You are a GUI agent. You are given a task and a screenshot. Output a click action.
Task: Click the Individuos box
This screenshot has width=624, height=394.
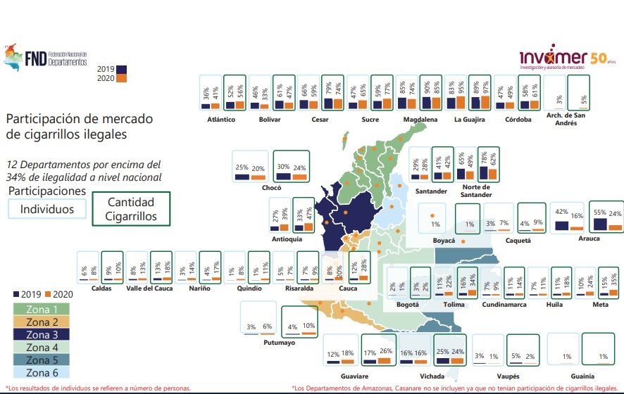[x=46, y=209]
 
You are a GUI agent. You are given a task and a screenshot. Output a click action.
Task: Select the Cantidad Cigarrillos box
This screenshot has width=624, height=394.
[x=132, y=210]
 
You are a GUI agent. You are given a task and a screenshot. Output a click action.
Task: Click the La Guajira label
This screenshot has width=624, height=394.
[x=469, y=120]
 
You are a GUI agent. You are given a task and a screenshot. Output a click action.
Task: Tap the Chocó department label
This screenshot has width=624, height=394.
[x=271, y=189]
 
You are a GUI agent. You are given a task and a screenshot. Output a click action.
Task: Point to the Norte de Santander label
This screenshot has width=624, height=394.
[x=477, y=191]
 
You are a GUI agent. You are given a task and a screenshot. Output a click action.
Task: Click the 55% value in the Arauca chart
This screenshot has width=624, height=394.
[x=600, y=212]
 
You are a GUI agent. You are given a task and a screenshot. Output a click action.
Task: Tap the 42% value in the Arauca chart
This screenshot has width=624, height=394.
[x=561, y=212]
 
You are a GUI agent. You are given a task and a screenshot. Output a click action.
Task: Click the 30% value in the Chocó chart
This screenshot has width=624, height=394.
[x=284, y=167]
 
